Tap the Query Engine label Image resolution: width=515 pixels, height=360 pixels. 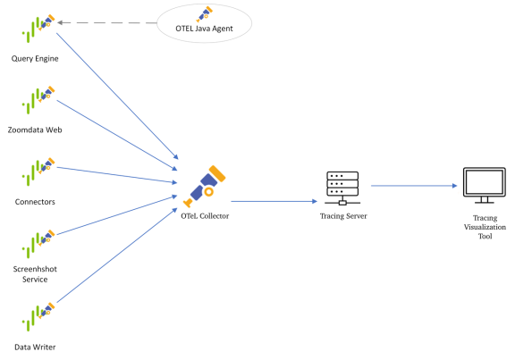(36, 59)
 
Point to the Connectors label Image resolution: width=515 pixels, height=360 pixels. (35, 202)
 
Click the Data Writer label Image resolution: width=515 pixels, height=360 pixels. (36, 346)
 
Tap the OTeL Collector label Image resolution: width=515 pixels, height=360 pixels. (204, 216)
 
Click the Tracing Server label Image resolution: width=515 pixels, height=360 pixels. (342, 216)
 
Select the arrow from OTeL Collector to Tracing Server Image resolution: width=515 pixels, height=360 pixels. (272, 203)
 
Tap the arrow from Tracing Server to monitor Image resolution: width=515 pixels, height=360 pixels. (413, 186)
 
